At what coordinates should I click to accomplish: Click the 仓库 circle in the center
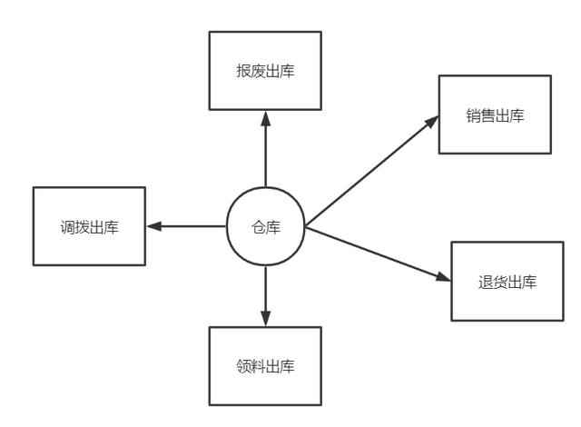265,226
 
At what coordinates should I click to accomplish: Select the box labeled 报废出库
265,71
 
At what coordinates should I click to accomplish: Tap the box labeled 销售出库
495,115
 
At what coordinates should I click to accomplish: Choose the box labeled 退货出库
507,281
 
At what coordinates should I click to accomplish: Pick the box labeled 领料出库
265,366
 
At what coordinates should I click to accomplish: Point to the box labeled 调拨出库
89,226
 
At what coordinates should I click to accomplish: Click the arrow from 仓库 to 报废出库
265,150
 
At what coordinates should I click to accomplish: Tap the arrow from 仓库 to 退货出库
379,253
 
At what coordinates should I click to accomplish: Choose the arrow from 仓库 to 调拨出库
186,226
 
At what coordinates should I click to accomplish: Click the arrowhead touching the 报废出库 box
265,117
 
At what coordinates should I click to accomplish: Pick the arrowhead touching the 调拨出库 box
153,226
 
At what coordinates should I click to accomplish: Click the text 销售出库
495,115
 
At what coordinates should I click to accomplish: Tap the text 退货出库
507,281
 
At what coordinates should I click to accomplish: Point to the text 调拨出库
89,226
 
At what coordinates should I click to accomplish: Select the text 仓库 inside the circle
265,227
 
